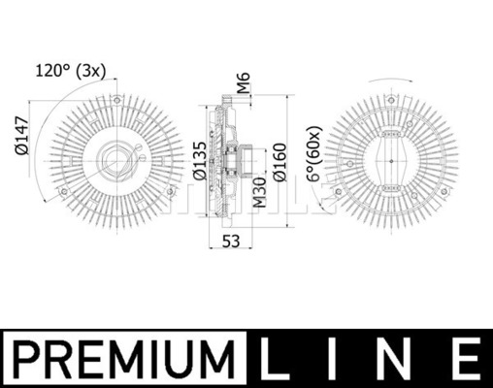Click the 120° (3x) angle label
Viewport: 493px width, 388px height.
click(x=71, y=71)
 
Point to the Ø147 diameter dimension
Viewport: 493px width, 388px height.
click(x=22, y=136)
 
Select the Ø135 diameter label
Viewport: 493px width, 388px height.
click(x=200, y=161)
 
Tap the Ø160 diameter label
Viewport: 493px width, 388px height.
click(x=279, y=162)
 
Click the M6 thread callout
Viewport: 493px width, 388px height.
click(x=244, y=82)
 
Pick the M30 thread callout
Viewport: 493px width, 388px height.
click(x=259, y=193)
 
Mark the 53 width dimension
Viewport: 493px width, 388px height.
click(x=231, y=242)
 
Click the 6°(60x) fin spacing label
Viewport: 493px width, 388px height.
click(x=314, y=153)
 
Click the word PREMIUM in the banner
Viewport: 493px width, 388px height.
click(x=124, y=359)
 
